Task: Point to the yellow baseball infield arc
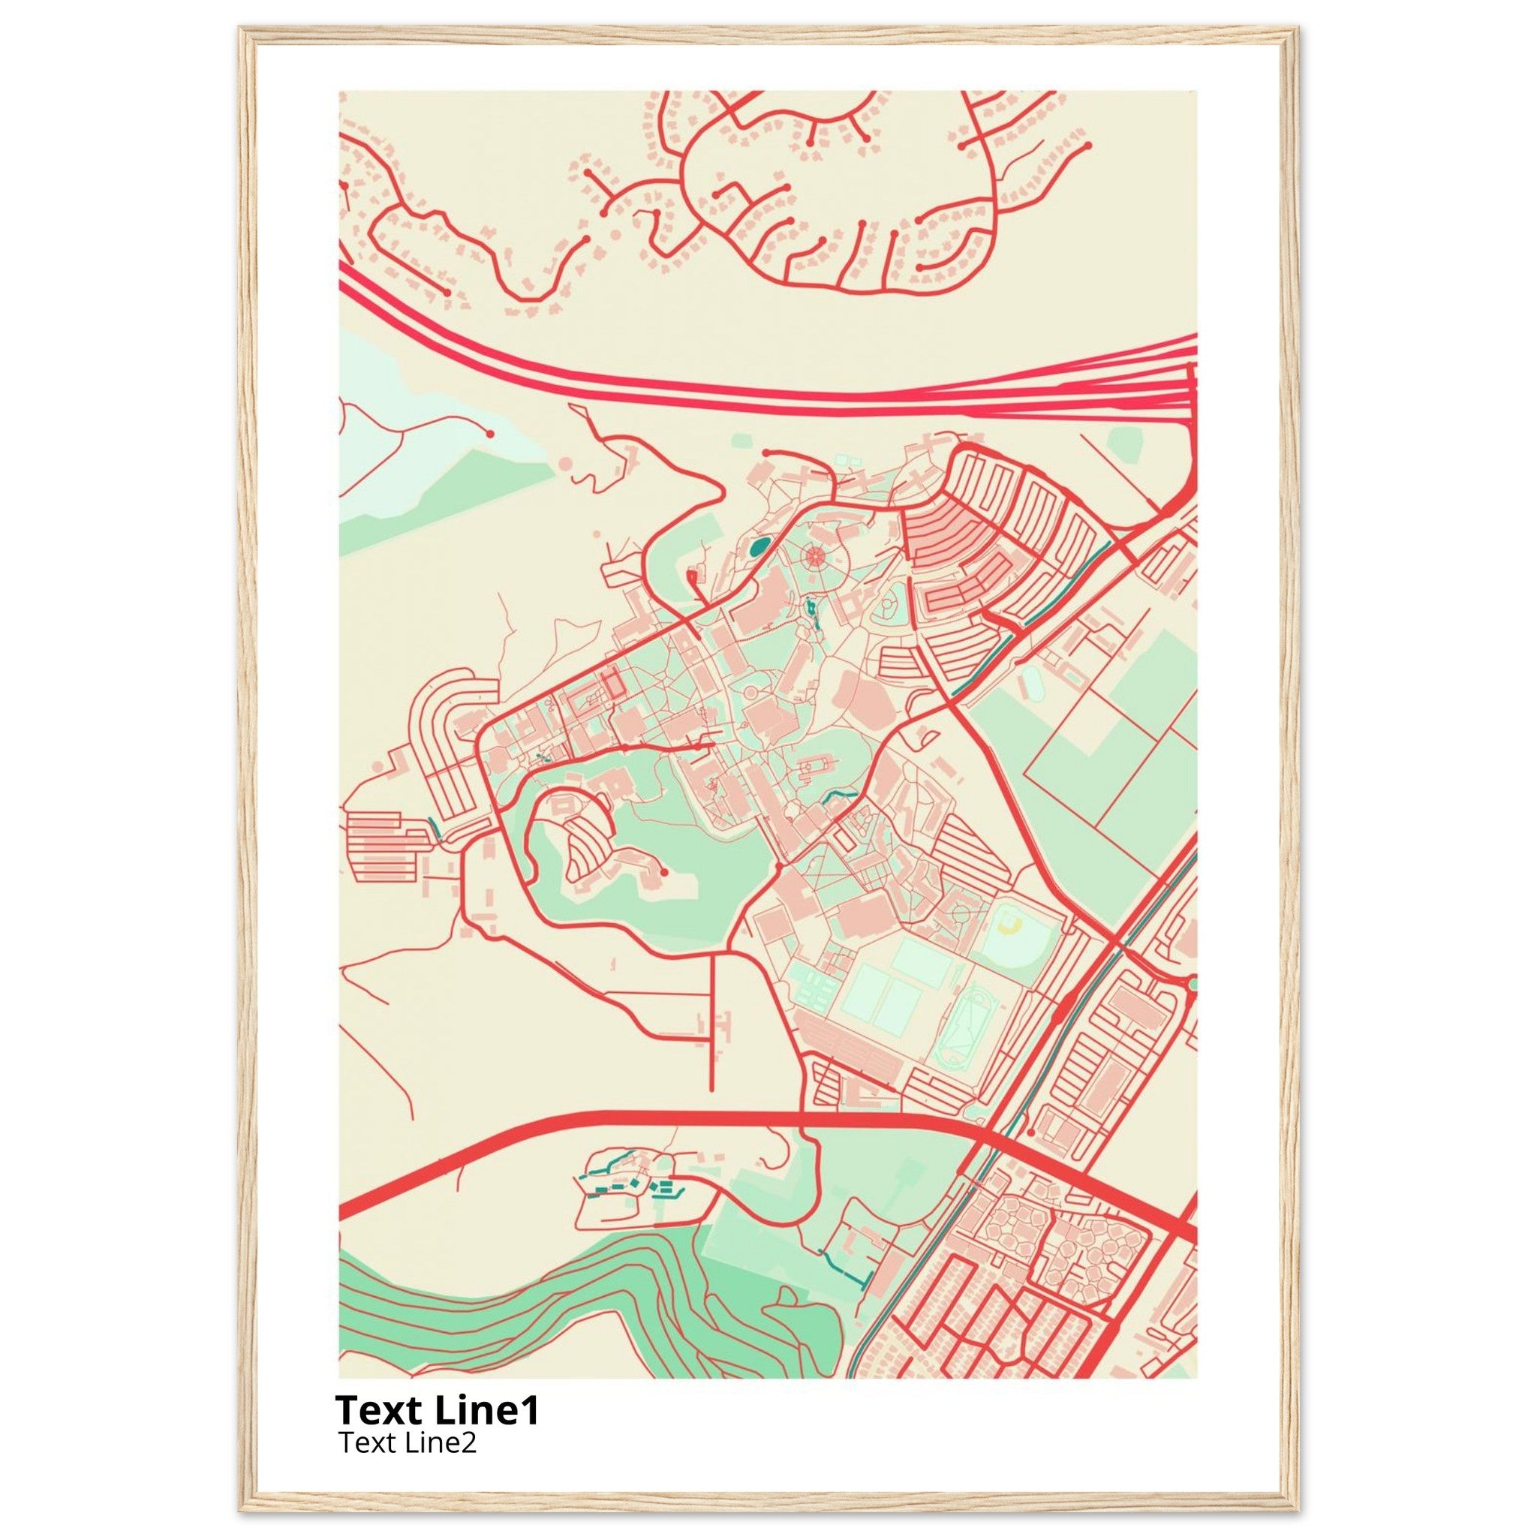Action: click(x=1011, y=922)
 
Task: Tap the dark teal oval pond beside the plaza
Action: click(x=759, y=546)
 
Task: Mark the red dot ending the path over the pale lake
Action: click(x=490, y=434)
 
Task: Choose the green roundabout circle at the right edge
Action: click(x=1191, y=985)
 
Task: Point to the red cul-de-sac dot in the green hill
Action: click(x=663, y=873)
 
